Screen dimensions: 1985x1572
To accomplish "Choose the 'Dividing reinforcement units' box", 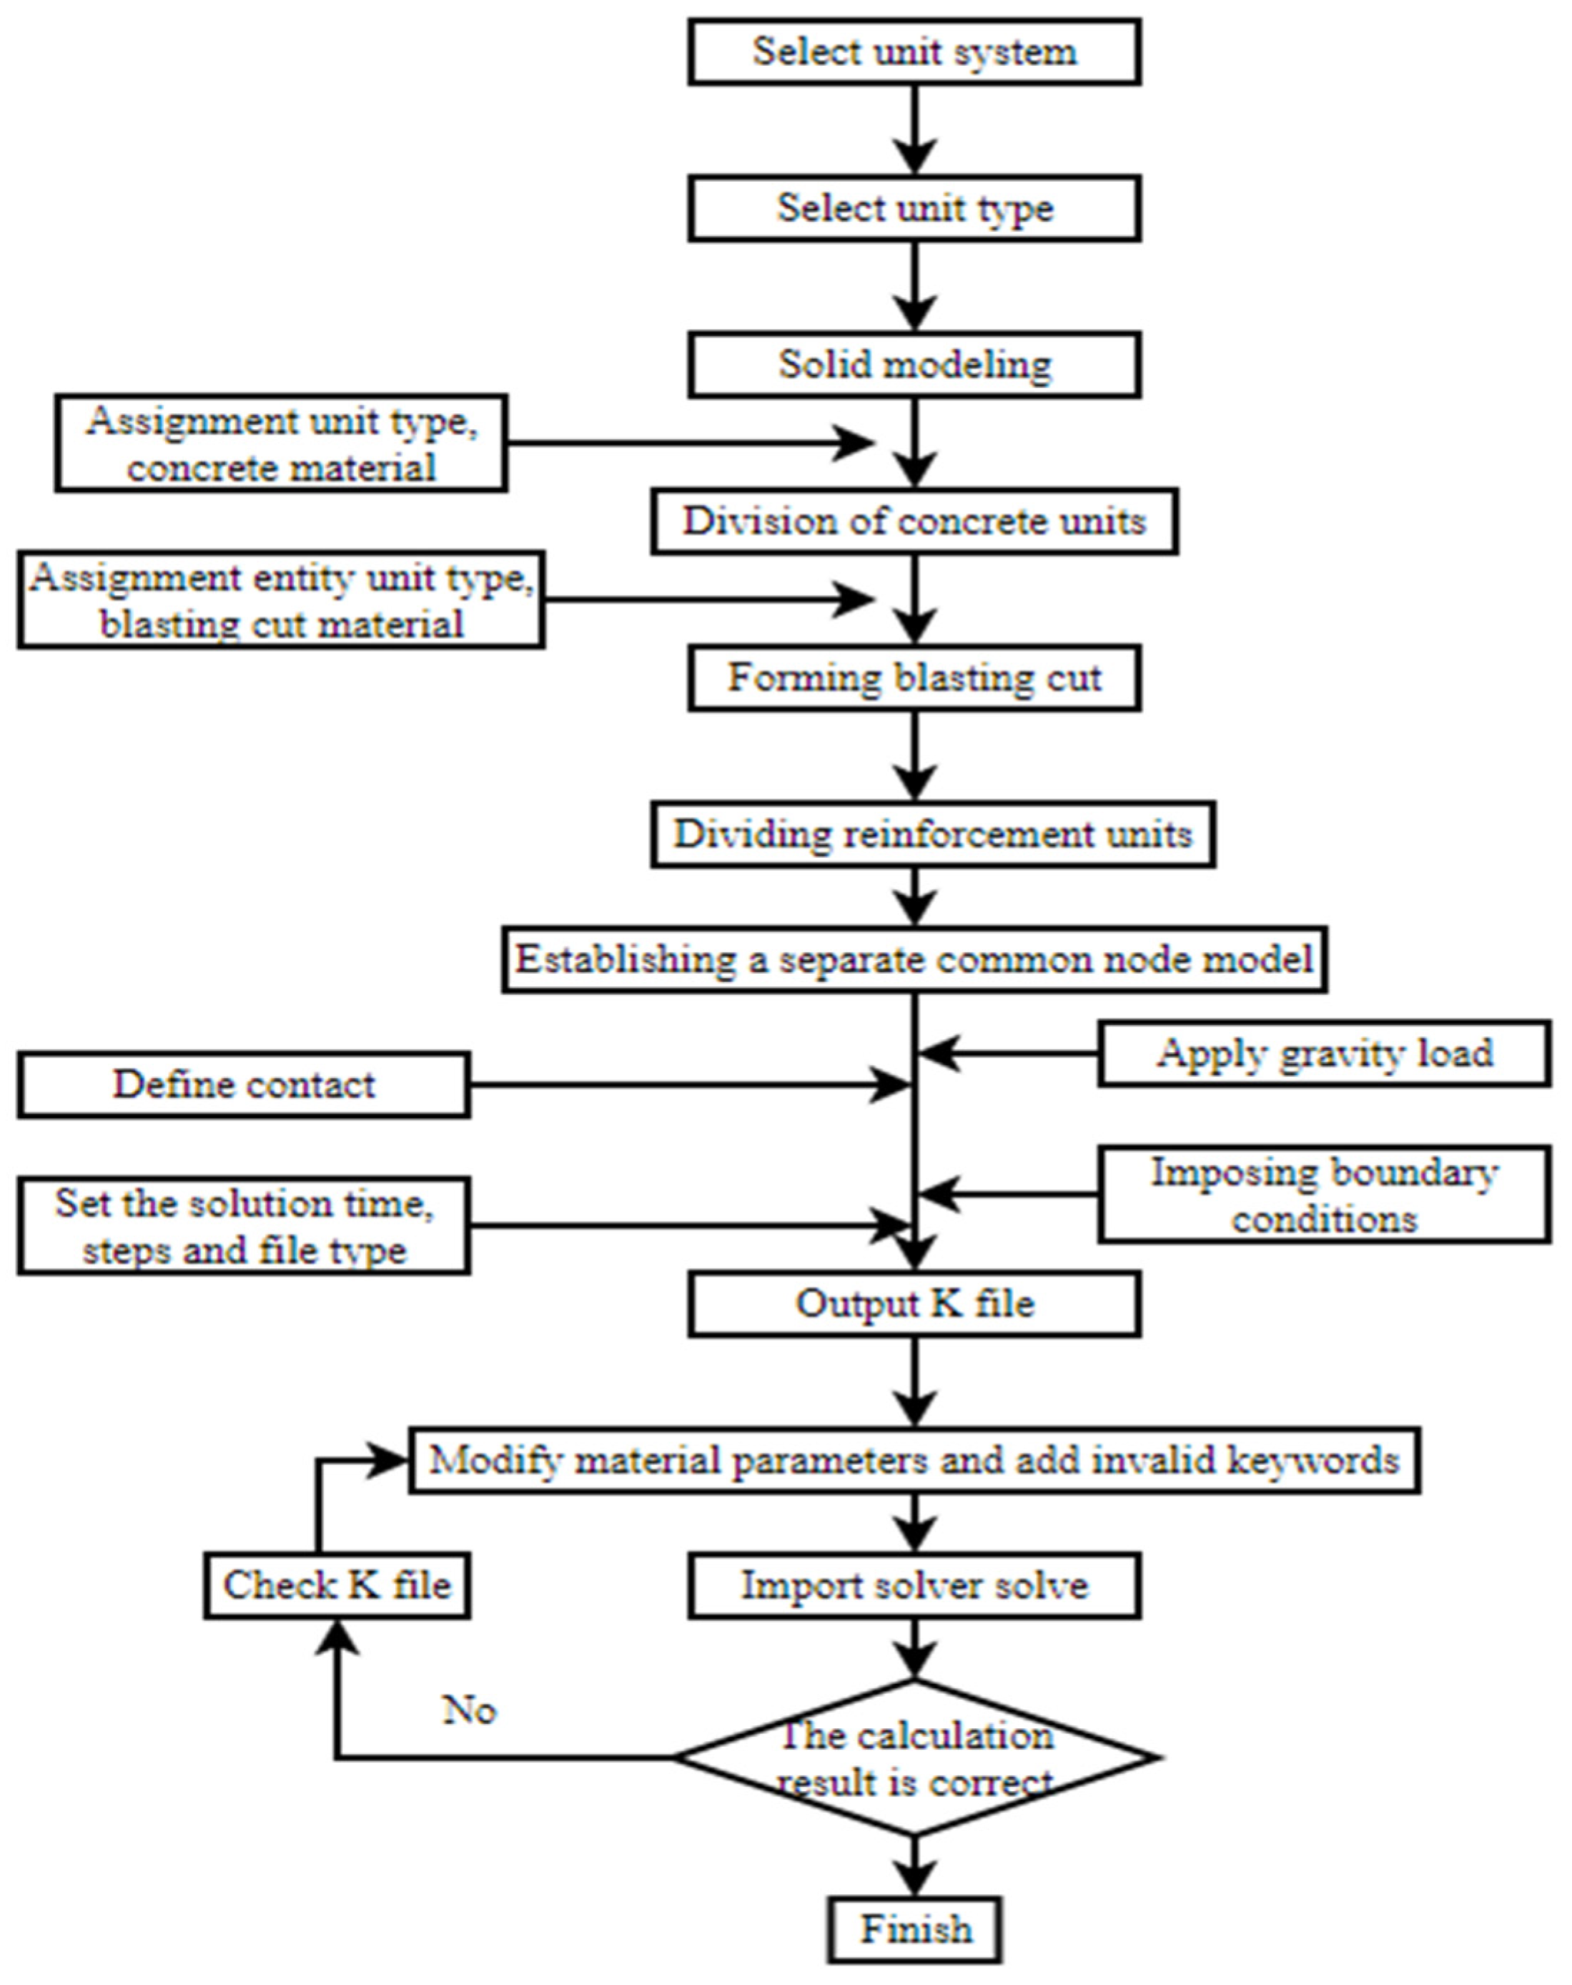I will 932,834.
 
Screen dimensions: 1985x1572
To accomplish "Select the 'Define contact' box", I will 244,1085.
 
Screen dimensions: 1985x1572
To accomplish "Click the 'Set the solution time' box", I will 244,1226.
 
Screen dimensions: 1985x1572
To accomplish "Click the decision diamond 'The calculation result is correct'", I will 916,1758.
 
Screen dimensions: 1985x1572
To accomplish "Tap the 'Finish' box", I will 915,1930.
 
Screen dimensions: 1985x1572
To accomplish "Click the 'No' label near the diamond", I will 470,1710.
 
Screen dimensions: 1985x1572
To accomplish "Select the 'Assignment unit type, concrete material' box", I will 281,443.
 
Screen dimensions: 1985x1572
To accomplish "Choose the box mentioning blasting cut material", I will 281,600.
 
